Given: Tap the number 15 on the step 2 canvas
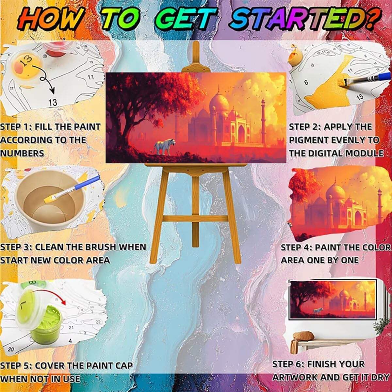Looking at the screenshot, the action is (359, 97).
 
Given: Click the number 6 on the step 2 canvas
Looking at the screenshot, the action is (306, 82).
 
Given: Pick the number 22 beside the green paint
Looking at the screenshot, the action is (98, 322).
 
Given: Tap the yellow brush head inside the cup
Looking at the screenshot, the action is (48, 199).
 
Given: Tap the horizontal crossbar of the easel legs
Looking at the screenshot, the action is (195, 219).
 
